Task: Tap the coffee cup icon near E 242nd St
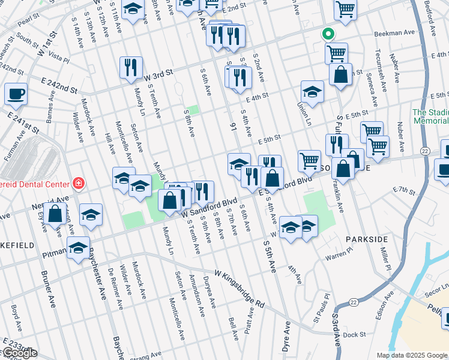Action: tap(16, 94)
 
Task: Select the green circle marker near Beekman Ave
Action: tap(327, 34)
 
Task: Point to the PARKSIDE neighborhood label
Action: tap(367, 239)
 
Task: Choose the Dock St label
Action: tap(355, 335)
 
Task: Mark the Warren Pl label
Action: tap(339, 257)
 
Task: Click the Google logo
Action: tap(19, 353)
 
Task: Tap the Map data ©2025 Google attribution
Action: tap(412, 355)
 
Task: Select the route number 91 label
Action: tap(233, 127)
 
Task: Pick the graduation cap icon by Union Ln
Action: tap(312, 91)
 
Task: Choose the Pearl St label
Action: tap(28, 20)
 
